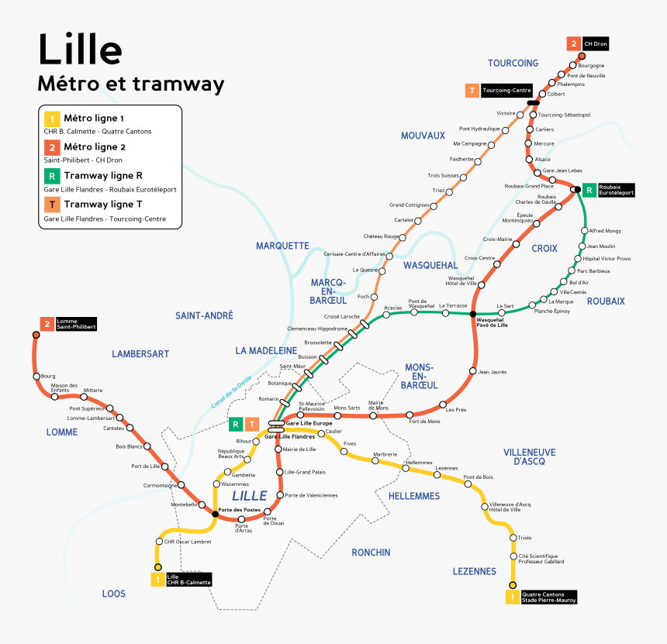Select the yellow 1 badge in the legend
(x=51, y=119)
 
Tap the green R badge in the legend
(x=51, y=176)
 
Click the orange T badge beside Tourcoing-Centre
(x=472, y=91)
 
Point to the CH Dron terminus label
(x=596, y=44)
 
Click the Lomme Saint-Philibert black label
(x=75, y=324)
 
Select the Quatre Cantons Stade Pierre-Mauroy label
(x=548, y=597)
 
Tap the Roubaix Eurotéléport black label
(x=616, y=189)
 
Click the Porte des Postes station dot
(x=215, y=513)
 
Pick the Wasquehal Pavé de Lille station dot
(x=472, y=314)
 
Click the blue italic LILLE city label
(x=249, y=495)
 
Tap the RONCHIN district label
(x=371, y=553)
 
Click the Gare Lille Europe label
(x=308, y=424)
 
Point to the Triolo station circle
(x=512, y=538)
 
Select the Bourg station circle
(x=36, y=377)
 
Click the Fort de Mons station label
(x=424, y=421)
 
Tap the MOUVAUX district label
(x=423, y=136)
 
